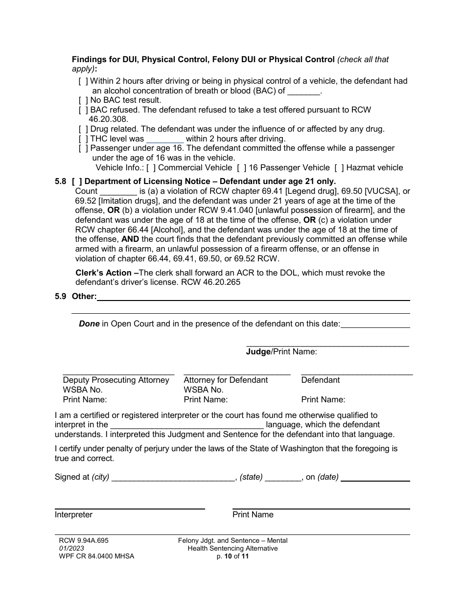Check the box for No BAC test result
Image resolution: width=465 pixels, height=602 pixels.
click(83, 100)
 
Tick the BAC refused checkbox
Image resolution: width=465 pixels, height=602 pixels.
click(83, 110)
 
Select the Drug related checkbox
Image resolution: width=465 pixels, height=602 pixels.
click(83, 129)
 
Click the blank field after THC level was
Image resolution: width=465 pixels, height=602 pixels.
click(165, 139)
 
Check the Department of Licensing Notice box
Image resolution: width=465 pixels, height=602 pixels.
click(77, 181)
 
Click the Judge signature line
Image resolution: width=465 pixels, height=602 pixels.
click(327, 345)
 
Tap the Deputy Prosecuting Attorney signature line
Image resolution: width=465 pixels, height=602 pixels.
click(118, 374)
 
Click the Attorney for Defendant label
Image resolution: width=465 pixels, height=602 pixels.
click(226, 380)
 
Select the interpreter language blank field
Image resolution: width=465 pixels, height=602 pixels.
click(187, 425)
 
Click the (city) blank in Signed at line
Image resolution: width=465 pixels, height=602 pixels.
click(174, 478)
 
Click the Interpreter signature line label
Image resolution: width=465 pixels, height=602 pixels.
click(73, 515)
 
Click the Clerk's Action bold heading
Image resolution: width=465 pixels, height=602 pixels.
click(103, 273)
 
